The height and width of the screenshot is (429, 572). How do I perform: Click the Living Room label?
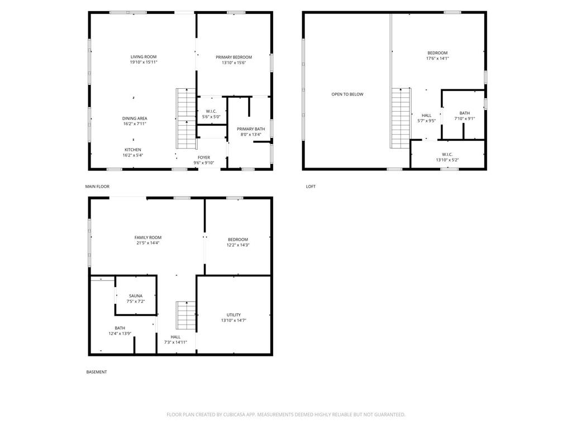[144, 57]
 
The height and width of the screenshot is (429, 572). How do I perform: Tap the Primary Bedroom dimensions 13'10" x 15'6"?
[234, 63]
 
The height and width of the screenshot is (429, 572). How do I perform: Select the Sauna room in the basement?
[136, 295]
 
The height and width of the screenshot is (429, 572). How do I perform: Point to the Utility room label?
[233, 315]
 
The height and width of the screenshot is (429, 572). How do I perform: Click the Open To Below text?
[347, 94]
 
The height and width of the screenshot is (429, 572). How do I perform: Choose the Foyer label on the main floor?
[203, 158]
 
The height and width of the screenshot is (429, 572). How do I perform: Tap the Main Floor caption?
[97, 187]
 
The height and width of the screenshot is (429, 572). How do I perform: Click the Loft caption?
[311, 187]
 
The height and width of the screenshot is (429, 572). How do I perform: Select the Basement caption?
[97, 372]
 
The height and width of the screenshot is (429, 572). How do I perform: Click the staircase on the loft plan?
[401, 118]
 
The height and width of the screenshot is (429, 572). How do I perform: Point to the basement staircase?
[186, 316]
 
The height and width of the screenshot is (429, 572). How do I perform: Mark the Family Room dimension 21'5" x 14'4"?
[147, 243]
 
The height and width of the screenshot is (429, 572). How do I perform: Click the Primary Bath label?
[251, 129]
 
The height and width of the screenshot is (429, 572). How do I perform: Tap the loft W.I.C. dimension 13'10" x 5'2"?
[447, 160]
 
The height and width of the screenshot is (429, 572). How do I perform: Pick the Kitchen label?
[133, 150]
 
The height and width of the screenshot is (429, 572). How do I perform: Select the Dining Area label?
[135, 118]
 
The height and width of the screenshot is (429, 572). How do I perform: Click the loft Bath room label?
[464, 113]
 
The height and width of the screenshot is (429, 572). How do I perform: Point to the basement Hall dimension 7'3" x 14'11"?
[175, 342]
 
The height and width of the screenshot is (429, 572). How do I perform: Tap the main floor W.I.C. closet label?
[211, 111]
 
